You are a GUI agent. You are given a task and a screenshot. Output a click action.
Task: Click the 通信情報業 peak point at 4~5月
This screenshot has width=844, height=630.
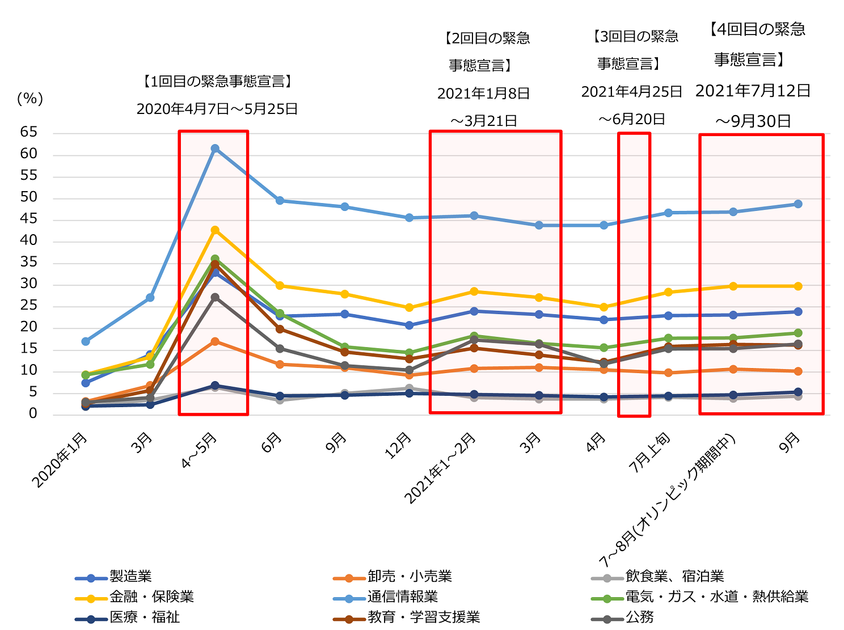coord(215,149)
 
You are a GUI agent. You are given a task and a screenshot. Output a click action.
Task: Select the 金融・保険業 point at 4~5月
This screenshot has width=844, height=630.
coord(215,230)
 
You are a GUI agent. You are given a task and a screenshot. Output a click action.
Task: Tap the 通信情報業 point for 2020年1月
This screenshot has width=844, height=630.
coord(86,341)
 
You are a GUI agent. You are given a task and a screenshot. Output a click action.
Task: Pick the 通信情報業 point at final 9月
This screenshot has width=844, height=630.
coord(798,204)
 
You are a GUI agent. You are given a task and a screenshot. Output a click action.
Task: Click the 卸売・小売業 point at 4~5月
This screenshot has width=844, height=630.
coord(215,341)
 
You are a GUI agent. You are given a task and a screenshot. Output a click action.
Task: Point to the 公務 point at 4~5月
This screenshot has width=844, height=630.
coord(215,297)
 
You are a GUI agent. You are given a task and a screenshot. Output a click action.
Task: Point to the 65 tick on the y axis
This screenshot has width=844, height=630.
coord(29,133)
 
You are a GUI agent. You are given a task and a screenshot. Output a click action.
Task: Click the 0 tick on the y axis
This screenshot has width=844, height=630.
coord(33,414)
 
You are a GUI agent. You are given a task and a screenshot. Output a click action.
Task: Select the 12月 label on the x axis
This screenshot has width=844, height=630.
coord(399,446)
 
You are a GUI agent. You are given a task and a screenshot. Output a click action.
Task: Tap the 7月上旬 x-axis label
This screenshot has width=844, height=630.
coord(650,453)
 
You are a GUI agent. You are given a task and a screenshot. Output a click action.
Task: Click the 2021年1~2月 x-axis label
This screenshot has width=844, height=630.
coord(441,468)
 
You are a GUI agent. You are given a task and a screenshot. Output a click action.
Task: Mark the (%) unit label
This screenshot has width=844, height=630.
coord(30,99)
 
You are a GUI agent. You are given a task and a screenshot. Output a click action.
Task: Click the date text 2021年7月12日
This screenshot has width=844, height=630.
coord(753,91)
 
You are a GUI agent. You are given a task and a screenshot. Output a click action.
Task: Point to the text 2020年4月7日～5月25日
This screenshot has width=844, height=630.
coord(217,109)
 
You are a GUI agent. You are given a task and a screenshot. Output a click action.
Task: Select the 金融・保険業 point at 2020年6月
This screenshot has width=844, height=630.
coord(280,286)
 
